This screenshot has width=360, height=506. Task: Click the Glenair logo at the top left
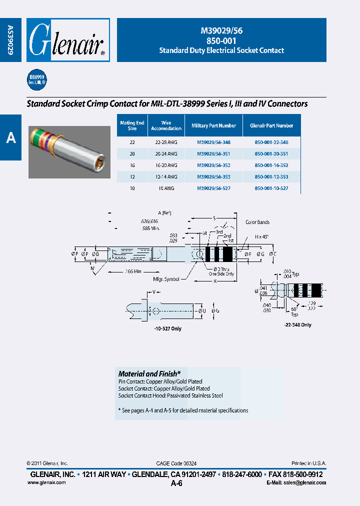point(67,40)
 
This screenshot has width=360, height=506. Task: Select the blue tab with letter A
point(10,137)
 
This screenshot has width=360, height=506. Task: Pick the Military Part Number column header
point(213,126)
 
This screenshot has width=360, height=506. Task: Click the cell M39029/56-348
point(213,142)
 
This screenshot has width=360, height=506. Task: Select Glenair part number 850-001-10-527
point(271,189)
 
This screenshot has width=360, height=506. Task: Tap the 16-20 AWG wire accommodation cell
point(166,165)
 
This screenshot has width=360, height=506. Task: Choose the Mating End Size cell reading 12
point(132,177)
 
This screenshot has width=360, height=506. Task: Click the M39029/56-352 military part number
point(213,165)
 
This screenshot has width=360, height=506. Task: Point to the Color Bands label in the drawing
point(257,222)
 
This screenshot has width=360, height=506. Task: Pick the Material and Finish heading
point(149,373)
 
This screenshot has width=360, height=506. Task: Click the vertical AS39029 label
point(10,40)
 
